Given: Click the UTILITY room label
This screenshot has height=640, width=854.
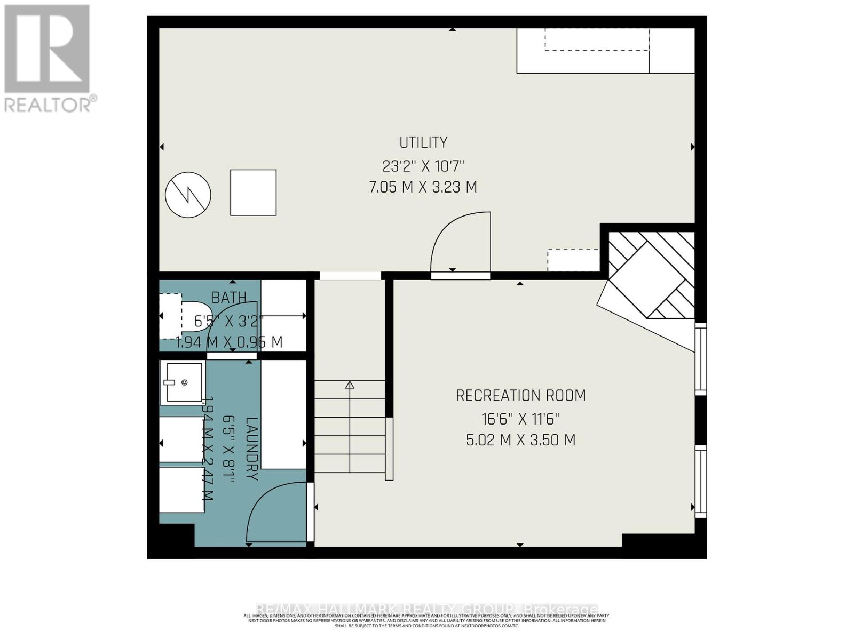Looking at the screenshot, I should pyautogui.click(x=423, y=142).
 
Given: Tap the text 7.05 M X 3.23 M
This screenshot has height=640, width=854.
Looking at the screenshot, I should pyautogui.click(x=423, y=187).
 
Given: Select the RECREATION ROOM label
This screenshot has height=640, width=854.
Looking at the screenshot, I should pyautogui.click(x=520, y=396).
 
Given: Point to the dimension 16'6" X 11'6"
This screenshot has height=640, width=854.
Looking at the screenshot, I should pyautogui.click(x=520, y=418).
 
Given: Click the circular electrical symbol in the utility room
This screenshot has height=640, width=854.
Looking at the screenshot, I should pyautogui.click(x=188, y=195).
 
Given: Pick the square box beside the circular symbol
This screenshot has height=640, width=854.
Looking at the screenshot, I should pyautogui.click(x=253, y=193).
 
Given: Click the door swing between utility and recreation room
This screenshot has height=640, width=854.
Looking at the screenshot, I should pyautogui.click(x=460, y=243).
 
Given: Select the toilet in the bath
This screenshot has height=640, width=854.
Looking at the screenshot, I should pyautogui.click(x=195, y=316).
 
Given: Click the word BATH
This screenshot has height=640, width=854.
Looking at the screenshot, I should pyautogui.click(x=229, y=297).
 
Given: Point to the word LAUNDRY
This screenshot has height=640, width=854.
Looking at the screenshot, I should pyautogui.click(x=252, y=448).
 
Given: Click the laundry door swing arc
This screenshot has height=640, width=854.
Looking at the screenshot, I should pyautogui.click(x=275, y=512).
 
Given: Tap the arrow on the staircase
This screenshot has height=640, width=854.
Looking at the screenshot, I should pyautogui.click(x=350, y=385).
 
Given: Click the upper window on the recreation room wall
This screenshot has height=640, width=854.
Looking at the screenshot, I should pyautogui.click(x=700, y=358).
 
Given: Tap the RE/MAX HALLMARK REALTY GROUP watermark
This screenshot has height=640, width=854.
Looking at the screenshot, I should pyautogui.click(x=427, y=609).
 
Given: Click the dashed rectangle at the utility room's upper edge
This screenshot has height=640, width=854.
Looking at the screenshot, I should pyautogui.click(x=597, y=40).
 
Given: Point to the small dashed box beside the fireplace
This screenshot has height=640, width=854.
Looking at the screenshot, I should pyautogui.click(x=573, y=260).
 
